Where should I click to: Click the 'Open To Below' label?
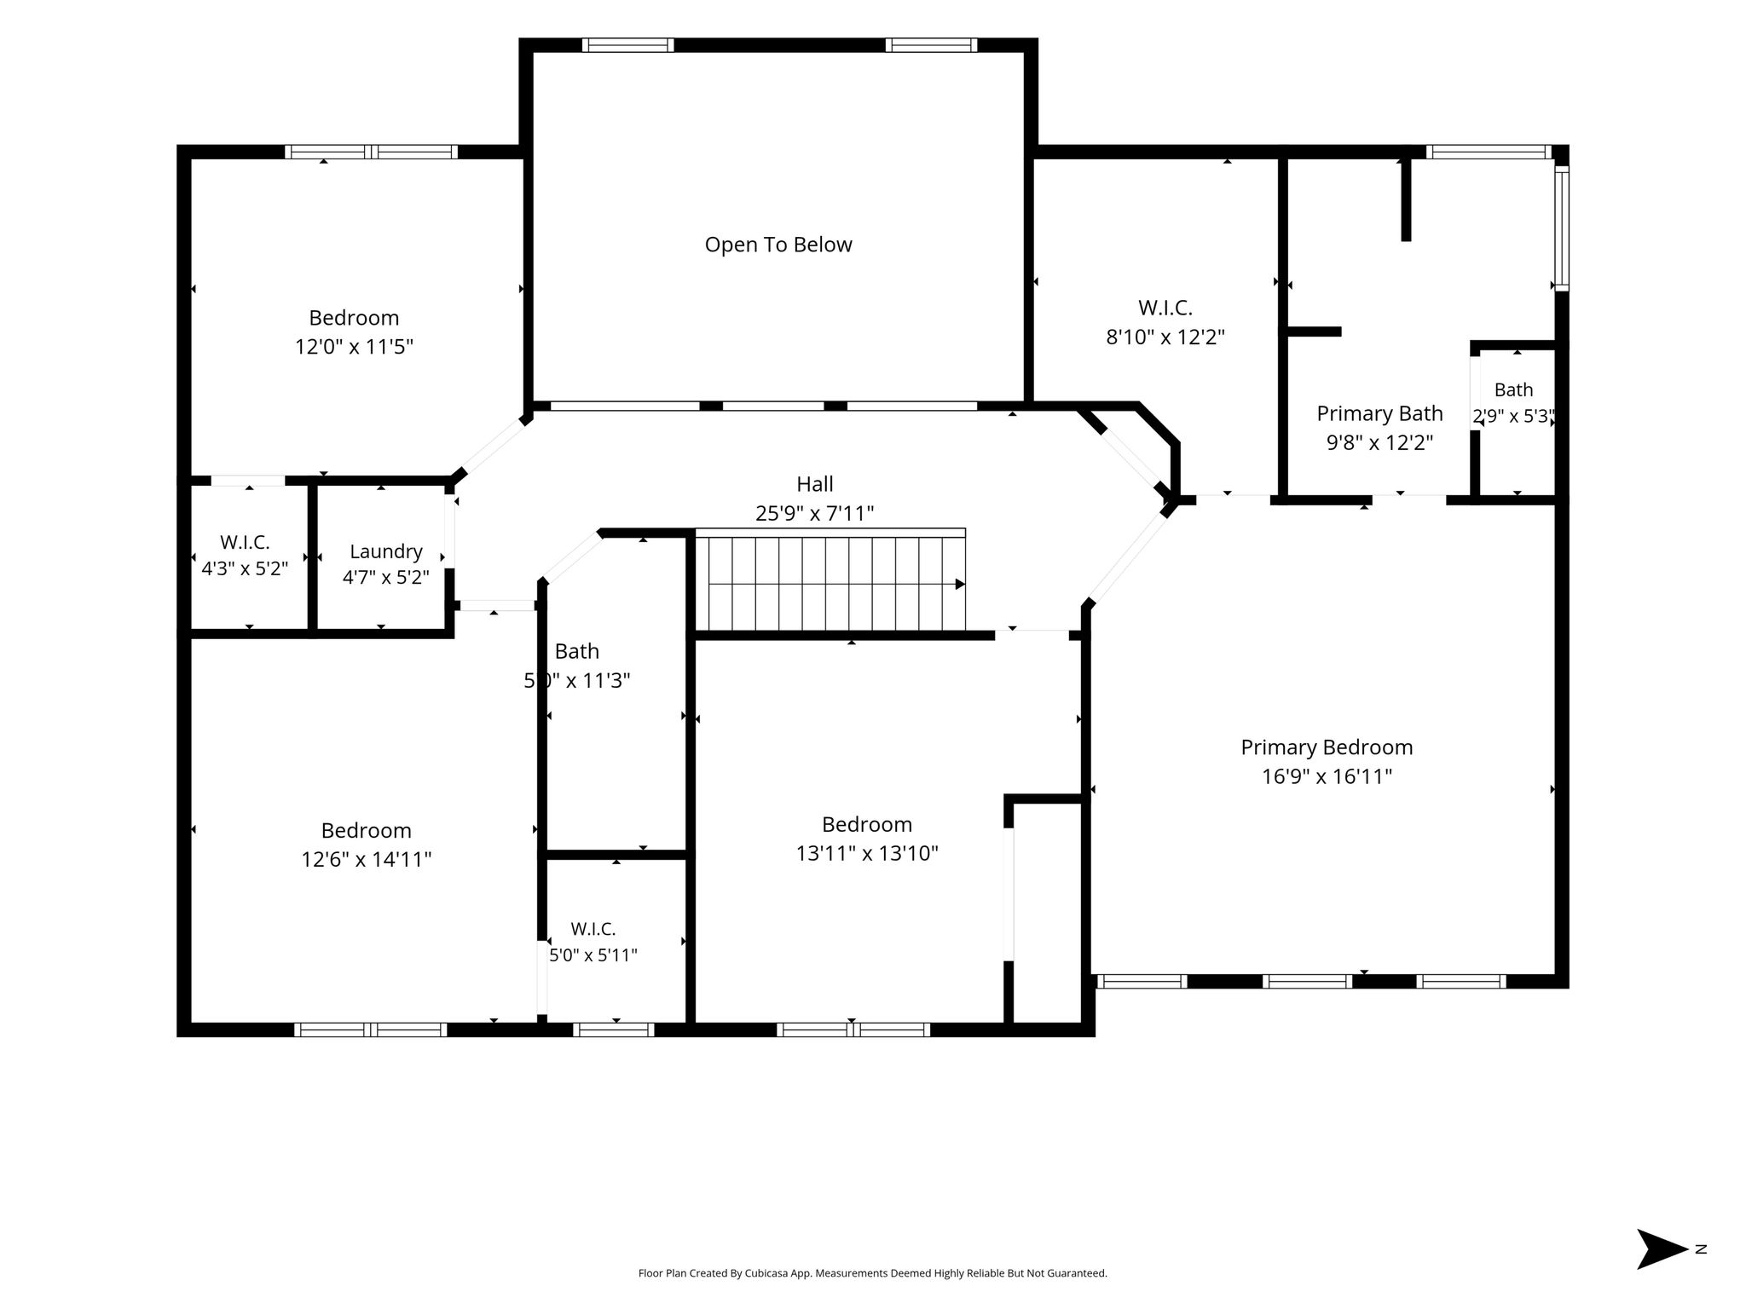pos(778,245)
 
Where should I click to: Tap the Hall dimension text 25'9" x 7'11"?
pos(815,513)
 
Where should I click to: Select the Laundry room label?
pos(386,552)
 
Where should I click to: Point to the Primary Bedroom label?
pos(1327,747)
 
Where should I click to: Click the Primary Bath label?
pos(1379,413)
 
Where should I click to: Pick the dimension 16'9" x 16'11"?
pos(1327,776)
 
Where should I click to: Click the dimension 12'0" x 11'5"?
pos(355,347)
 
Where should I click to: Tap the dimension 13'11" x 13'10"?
pos(867,853)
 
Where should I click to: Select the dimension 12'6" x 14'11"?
pos(367,859)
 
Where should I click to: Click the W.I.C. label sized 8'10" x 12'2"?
pos(1165,308)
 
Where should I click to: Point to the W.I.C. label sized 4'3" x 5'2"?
pos(245,542)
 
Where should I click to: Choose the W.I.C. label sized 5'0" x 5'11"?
pos(593,929)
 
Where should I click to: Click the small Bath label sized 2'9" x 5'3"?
pos(1514,389)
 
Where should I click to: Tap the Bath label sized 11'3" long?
pos(577,651)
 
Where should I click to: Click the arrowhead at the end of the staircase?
pos(960,585)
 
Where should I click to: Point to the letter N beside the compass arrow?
pos(1701,1249)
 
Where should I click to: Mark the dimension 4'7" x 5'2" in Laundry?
pos(386,578)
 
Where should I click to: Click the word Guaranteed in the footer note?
pos(1083,1273)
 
